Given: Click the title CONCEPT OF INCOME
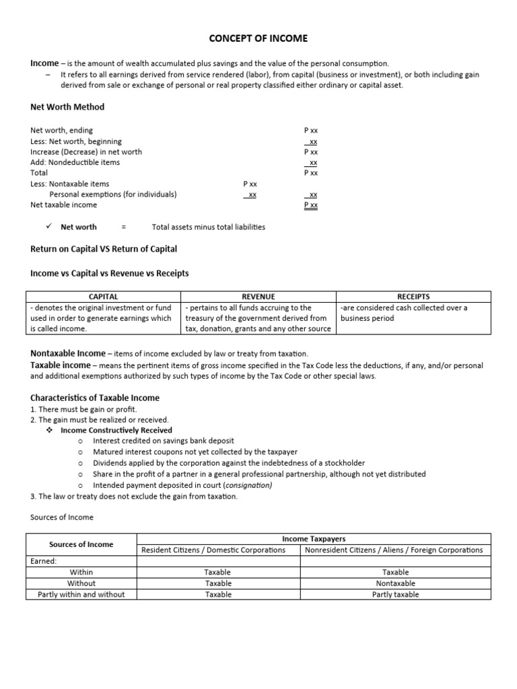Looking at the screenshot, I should point(258,38).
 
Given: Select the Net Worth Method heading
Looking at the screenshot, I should point(67,107).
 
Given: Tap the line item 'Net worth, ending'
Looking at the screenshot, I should point(62,130).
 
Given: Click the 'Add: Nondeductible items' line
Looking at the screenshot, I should point(75,162).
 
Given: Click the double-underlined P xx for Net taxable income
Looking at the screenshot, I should point(311,205).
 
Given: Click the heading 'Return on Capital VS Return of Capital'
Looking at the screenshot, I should point(104,249).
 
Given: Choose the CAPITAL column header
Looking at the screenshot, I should point(104,296).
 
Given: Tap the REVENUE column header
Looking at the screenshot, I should point(258,296).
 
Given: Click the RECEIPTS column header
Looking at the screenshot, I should point(414,296).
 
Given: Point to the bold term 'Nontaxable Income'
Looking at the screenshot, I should point(68,353).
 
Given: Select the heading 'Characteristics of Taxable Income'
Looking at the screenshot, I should point(95,398).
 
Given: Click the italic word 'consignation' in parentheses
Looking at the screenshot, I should point(249,485).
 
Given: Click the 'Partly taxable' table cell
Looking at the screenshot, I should point(396,594).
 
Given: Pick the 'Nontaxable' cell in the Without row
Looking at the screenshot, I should point(396,583).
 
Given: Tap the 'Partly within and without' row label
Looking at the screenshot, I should point(81,594).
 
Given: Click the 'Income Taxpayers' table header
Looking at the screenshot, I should point(314,539).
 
